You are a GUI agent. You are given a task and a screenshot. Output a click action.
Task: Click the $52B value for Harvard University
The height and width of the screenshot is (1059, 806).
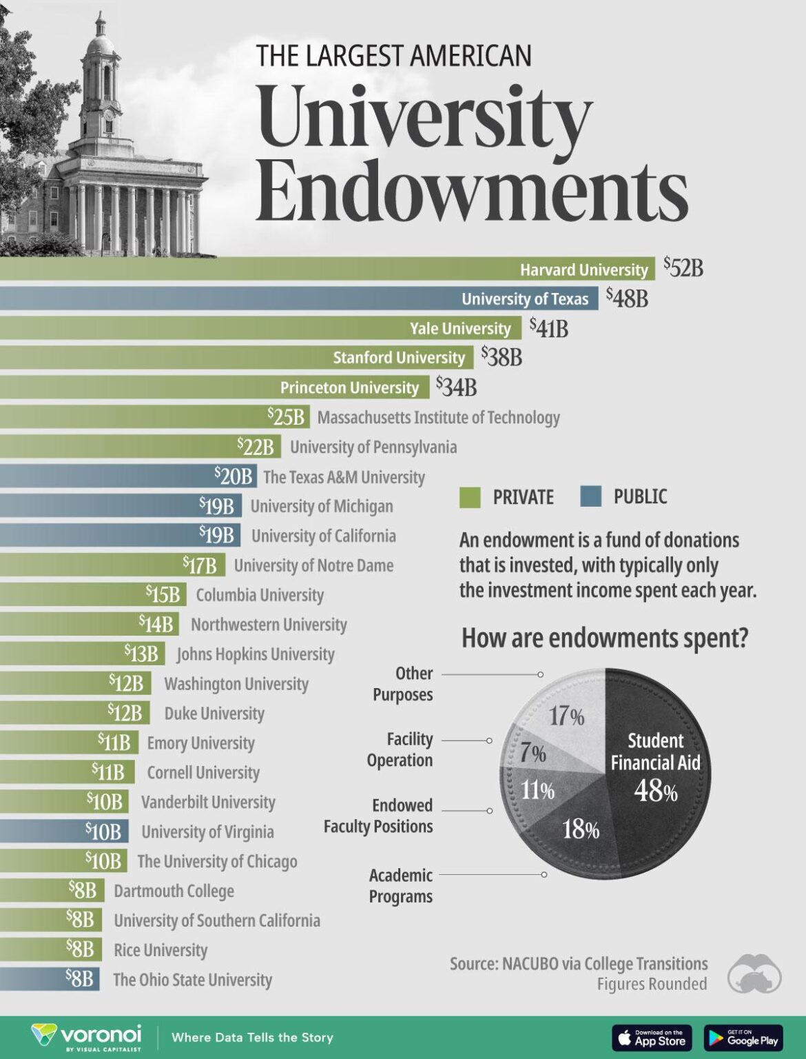click(683, 268)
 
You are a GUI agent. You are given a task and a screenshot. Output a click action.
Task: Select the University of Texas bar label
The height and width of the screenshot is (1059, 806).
click(525, 299)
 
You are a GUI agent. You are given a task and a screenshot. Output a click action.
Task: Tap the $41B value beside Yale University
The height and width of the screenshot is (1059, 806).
click(549, 327)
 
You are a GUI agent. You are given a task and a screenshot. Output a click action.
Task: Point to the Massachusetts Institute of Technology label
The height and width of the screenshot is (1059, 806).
click(438, 417)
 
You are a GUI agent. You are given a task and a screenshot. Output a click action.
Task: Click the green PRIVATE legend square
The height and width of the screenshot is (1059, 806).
click(470, 496)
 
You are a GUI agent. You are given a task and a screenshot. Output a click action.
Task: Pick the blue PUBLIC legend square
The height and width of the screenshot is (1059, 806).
click(590, 496)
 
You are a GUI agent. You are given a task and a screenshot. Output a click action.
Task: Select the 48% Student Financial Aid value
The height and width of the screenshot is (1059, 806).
click(655, 791)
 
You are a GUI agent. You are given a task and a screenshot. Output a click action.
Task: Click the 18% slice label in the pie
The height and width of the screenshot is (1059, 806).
click(581, 829)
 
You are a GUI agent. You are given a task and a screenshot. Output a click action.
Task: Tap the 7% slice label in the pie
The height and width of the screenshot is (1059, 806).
click(533, 753)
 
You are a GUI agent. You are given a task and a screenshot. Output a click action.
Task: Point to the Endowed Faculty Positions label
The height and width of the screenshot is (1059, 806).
click(379, 816)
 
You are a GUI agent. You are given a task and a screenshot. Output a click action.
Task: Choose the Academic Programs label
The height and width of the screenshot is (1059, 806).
click(401, 886)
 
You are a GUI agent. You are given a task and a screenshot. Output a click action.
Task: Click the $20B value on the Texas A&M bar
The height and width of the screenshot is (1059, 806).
click(233, 476)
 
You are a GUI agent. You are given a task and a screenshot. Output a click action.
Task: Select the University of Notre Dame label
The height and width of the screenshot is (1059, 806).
click(313, 565)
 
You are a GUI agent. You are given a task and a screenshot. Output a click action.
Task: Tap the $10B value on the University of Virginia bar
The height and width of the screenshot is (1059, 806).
click(103, 831)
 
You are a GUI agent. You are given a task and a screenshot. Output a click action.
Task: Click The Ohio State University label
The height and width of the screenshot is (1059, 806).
click(192, 980)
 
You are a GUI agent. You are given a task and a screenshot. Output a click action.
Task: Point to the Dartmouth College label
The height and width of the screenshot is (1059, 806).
click(174, 891)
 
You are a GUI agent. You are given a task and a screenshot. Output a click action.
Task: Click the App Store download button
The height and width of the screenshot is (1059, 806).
click(652, 1037)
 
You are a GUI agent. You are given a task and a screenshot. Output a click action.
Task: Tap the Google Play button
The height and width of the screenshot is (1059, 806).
click(743, 1037)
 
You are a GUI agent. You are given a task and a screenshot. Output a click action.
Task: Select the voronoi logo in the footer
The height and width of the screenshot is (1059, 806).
click(87, 1036)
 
